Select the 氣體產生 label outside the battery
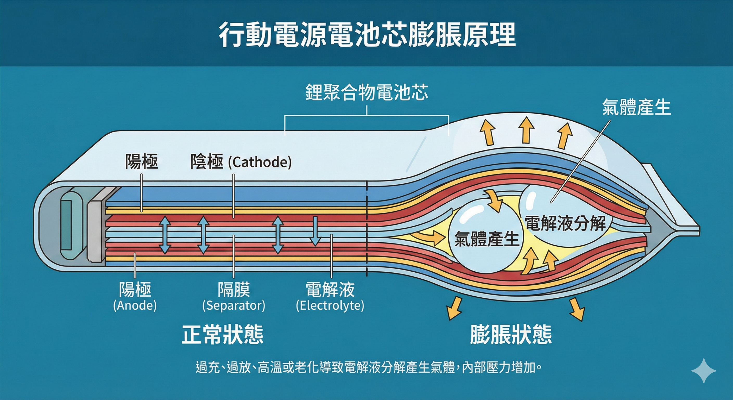pyautogui.click(x=636, y=107)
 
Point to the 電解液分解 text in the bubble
pyautogui.click(x=565, y=223)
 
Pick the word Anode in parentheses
pyautogui.click(x=135, y=305)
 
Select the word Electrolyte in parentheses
pyautogui.click(x=330, y=305)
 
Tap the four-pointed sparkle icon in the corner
pyautogui.click(x=704, y=371)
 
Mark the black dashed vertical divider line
pyautogui.click(x=367, y=228)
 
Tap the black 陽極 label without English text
pyautogui.click(x=141, y=162)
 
